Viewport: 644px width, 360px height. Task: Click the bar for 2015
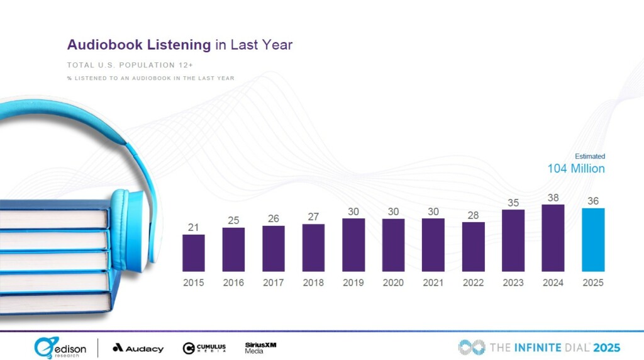(x=194, y=253)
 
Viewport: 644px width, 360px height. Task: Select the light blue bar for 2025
(x=593, y=240)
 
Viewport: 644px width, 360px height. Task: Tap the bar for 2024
(x=553, y=238)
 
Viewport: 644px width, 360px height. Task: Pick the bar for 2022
(x=473, y=247)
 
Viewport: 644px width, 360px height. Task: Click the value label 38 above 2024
(x=553, y=197)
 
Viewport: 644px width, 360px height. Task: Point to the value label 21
(x=194, y=227)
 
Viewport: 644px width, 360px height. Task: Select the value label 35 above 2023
(x=513, y=203)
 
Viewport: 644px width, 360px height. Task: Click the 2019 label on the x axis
(x=353, y=283)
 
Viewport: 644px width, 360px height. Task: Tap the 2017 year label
(x=274, y=283)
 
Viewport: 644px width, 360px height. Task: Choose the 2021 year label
(x=433, y=283)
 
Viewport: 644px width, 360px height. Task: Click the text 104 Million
(x=576, y=169)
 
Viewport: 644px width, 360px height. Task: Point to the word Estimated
(x=590, y=156)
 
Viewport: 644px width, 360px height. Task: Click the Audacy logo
(x=138, y=348)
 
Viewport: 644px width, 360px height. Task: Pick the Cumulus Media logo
(x=204, y=348)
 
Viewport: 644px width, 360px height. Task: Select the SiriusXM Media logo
(x=260, y=347)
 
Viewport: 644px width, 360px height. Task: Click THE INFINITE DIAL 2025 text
(x=539, y=347)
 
